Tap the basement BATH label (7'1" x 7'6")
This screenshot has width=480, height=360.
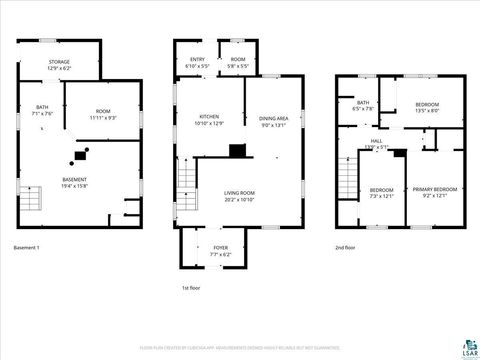[x=42, y=110]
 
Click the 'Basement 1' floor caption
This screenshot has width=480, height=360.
[x=27, y=247]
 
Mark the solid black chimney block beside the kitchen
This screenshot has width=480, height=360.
[x=237, y=151]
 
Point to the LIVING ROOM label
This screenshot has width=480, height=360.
[x=239, y=195]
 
